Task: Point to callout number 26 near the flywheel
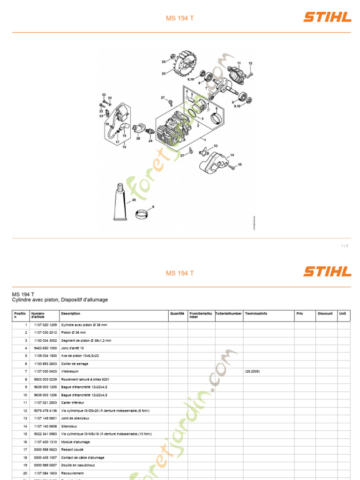pos(164,61)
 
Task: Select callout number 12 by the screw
pos(250,63)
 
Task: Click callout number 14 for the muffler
pos(232,155)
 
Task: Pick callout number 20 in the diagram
pos(138,138)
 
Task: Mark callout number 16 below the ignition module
pos(124,147)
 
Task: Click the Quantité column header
pos(177,314)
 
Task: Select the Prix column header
pos(300,314)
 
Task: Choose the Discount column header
pos(325,314)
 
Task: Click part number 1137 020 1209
pos(45,325)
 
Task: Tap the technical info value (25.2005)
pos(252,371)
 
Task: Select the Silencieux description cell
pos(71,426)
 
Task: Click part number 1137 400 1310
pos(45,442)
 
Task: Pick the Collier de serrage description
pos(75,364)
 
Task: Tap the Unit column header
pos(343,314)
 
